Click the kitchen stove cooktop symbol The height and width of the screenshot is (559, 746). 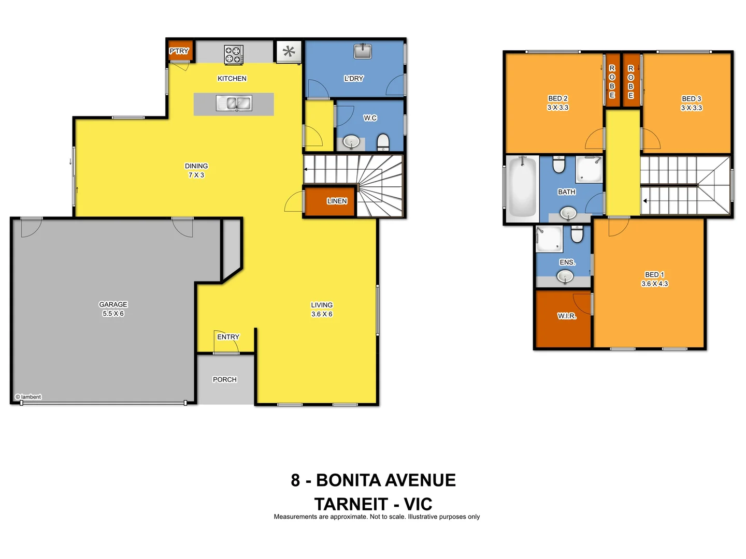233,54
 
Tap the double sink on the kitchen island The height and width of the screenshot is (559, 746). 234,103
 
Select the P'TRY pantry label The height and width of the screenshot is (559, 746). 179,51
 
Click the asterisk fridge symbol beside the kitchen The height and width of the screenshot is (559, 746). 289,51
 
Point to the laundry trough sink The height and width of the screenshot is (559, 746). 363,51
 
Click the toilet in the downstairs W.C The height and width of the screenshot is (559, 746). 383,141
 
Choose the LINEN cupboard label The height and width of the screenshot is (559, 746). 337,201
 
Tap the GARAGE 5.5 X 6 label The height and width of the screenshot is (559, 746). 113,309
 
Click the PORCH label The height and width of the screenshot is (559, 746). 225,379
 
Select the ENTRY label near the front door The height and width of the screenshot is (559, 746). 228,337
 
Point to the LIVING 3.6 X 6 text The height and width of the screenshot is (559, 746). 322,310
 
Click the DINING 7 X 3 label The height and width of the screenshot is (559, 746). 196,170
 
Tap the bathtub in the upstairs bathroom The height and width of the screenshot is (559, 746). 522,187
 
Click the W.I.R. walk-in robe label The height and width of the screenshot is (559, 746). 567,316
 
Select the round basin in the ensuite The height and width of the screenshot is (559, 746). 565,277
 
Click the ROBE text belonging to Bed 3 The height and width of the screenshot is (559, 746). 630,82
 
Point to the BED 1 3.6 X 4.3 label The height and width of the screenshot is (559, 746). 655,279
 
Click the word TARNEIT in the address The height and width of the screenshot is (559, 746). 351,504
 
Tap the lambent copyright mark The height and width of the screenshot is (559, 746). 28,397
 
